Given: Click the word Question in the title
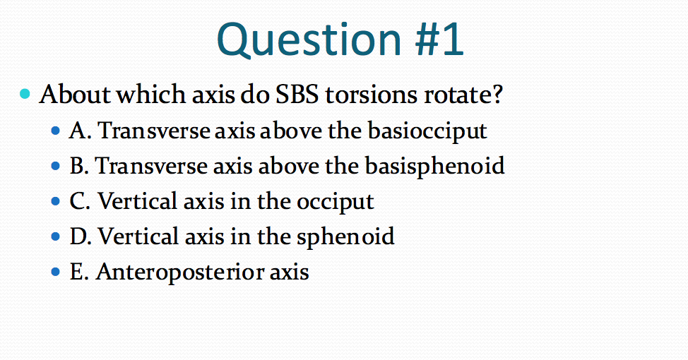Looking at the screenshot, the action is click(x=309, y=40).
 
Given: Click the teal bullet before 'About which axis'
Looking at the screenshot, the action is click(x=25, y=93).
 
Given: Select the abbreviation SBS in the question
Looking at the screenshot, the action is click(x=297, y=94).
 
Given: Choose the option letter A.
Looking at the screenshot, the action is click(x=80, y=130).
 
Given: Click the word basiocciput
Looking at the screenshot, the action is click(x=427, y=131).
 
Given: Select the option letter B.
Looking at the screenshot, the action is click(x=79, y=166).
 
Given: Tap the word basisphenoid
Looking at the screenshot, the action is click(x=434, y=166).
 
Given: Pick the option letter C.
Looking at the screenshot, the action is click(x=80, y=201).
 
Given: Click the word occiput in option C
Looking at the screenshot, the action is click(x=336, y=202).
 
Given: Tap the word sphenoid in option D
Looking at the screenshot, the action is click(x=345, y=236).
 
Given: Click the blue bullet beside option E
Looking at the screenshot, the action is click(x=55, y=272).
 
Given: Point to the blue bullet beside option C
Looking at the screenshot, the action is click(x=55, y=201).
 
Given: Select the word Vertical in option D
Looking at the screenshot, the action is click(x=138, y=236).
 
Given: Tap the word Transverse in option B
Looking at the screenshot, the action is click(x=151, y=166).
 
